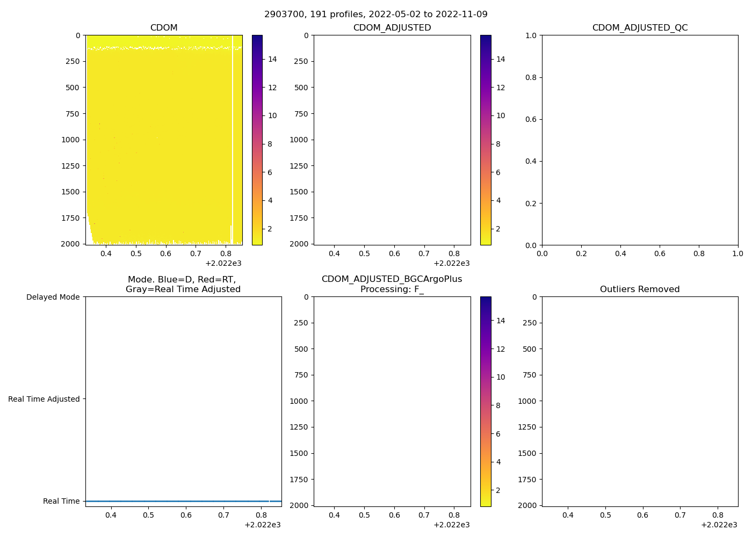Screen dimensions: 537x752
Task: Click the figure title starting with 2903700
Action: (376, 14)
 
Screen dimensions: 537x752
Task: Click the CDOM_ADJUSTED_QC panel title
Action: (640, 28)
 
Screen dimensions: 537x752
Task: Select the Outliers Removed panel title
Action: (640, 289)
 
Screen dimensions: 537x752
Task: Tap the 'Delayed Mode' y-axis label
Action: (53, 297)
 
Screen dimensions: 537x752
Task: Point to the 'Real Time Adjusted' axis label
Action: (44, 399)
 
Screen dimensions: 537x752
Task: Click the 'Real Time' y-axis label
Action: (61, 501)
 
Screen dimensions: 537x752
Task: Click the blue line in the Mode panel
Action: (183, 501)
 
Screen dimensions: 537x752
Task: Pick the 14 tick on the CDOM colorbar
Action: (272, 59)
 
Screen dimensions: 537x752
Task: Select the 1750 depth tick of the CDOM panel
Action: (70, 218)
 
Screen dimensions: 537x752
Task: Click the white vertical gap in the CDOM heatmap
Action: (233, 134)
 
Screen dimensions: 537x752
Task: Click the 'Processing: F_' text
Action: (392, 289)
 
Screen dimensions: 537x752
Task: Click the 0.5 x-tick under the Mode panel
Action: (148, 515)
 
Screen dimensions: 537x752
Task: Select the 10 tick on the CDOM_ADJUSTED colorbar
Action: (501, 115)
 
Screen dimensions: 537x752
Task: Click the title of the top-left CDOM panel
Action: (164, 28)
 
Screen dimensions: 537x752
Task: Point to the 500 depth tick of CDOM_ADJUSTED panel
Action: (301, 88)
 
